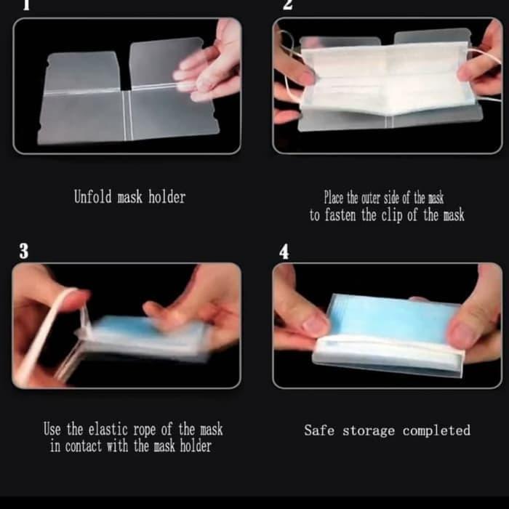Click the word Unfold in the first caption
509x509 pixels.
tap(92, 197)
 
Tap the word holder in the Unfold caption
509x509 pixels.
tap(167, 197)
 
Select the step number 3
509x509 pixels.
tap(24, 252)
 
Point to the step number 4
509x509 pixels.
tap(284, 252)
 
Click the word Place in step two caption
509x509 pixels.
tap(333, 197)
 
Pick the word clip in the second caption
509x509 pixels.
tap(392, 215)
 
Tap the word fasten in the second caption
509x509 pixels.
tap(340, 215)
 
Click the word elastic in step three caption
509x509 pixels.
tap(108, 429)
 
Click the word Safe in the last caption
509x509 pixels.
tap(319, 430)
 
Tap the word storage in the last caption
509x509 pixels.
tap(369, 431)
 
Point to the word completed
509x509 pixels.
tap(436, 430)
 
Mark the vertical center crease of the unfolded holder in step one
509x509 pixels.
tap(127, 115)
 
